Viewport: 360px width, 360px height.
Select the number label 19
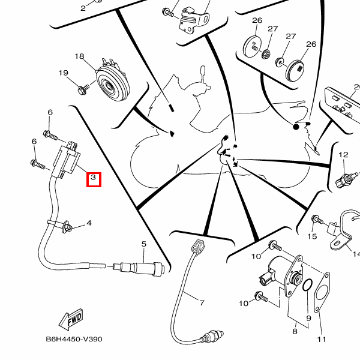pyautogui.click(x=63, y=73)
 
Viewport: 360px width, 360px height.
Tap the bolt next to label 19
pyautogui.click(x=83, y=89)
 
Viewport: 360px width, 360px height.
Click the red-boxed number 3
pyautogui.click(x=94, y=179)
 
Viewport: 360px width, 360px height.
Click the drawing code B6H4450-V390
pyautogui.click(x=74, y=339)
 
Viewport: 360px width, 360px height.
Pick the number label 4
pyautogui.click(x=89, y=223)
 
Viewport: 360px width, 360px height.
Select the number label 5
pyautogui.click(x=144, y=244)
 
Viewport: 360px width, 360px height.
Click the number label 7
pyautogui.click(x=202, y=303)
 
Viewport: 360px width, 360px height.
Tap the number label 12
pyautogui.click(x=343, y=155)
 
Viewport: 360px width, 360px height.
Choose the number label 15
pyautogui.click(x=312, y=236)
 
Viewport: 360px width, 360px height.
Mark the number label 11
pyautogui.click(x=322, y=340)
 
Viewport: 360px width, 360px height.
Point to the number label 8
pyautogui.click(x=295, y=331)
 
